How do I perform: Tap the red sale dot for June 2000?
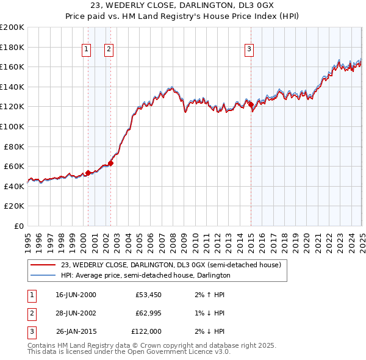[x=88, y=173]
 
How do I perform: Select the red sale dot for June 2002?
[x=110, y=163]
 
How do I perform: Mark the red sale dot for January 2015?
[x=251, y=105]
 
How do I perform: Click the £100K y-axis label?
[x=12, y=126]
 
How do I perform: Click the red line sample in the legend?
[x=43, y=265]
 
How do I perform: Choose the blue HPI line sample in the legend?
[x=43, y=275]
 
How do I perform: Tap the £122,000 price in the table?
[x=146, y=331]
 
